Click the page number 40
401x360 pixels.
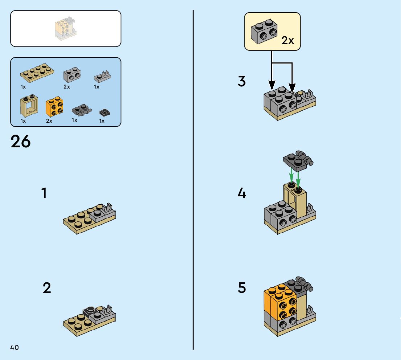pyautogui.click(x=15, y=347)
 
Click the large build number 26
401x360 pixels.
pyautogui.click(x=20, y=141)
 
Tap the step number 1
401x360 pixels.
pyautogui.click(x=44, y=193)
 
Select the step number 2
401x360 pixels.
pyautogui.click(x=47, y=288)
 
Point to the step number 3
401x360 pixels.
pyautogui.click(x=242, y=81)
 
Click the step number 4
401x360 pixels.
pyautogui.click(x=242, y=193)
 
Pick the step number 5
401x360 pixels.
pyautogui.click(x=242, y=288)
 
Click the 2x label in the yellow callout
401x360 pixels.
pyautogui.click(x=288, y=40)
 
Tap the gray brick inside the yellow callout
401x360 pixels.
pyautogui.click(x=264, y=31)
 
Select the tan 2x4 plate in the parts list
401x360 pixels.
pyautogui.click(x=37, y=73)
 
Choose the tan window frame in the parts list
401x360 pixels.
pyautogui.click(x=29, y=105)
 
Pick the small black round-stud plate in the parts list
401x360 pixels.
pyautogui.click(x=104, y=112)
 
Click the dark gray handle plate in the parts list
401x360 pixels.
pyautogui.click(x=82, y=110)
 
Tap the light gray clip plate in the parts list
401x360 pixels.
pyautogui.click(x=103, y=76)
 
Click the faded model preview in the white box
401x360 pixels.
pyautogui.click(x=66, y=29)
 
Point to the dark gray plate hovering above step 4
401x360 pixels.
pyautogui.click(x=298, y=160)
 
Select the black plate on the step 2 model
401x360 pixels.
pyautogui.click(x=90, y=311)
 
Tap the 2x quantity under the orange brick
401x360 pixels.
pyautogui.click(x=49, y=121)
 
